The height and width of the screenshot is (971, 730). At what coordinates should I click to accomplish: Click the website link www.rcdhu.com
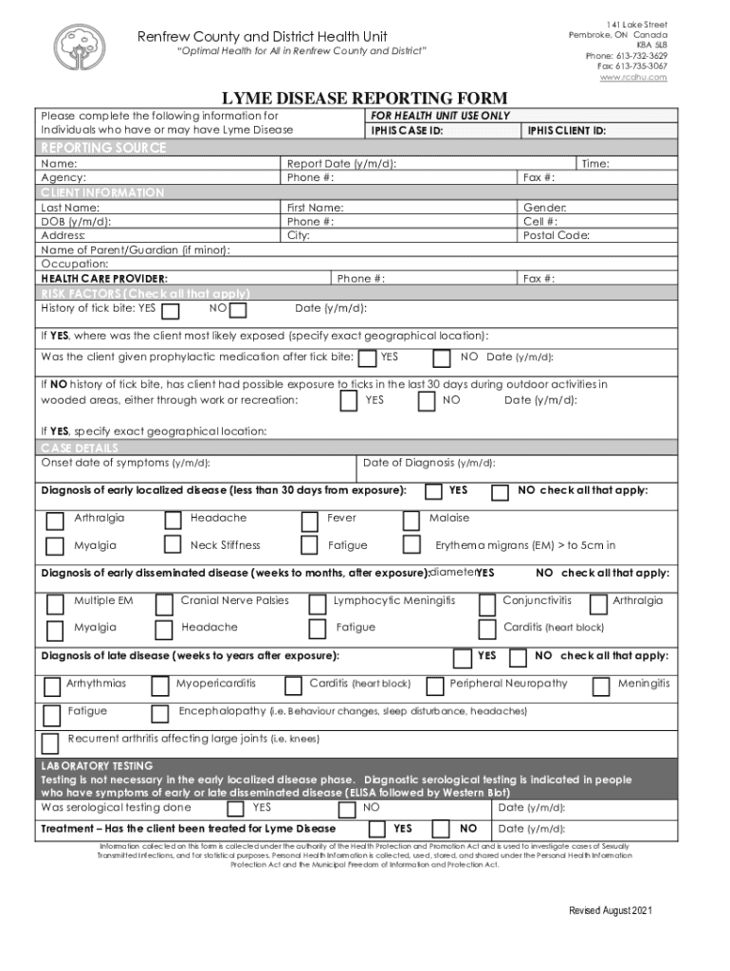633,78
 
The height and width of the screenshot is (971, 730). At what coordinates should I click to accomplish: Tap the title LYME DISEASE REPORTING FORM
364,99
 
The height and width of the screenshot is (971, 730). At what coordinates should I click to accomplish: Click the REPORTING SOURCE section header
103,148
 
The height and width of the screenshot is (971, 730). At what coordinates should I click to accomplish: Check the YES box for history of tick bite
171,311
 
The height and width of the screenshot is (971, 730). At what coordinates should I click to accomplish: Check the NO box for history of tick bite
238,311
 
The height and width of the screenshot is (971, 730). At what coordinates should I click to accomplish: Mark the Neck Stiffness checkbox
173,544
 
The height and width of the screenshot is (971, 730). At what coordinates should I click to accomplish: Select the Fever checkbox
309,520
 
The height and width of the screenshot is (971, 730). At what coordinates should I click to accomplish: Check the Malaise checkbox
411,520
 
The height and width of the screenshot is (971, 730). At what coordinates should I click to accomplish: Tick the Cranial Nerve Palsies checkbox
164,603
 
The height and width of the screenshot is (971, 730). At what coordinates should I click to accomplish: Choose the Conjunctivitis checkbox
487,603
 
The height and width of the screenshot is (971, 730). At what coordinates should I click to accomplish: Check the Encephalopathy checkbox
164,712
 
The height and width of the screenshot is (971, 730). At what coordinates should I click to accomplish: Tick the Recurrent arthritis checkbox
50,741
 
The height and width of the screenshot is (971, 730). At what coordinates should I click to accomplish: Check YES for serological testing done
235,809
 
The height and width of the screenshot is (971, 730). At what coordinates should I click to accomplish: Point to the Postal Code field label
557,235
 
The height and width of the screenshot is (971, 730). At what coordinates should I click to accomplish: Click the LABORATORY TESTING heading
97,765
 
